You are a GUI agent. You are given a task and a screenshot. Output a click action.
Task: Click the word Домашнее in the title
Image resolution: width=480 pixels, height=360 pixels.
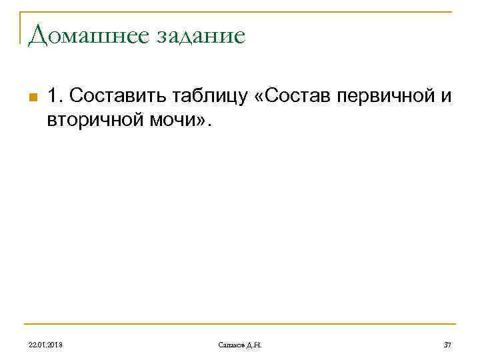coord(79,35)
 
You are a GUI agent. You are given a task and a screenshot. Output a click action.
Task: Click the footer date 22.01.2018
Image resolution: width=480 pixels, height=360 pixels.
coord(45,344)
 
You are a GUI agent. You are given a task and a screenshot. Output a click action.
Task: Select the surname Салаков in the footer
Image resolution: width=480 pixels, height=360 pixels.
coord(231,344)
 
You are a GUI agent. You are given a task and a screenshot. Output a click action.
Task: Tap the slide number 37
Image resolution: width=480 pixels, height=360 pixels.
coord(447,344)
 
